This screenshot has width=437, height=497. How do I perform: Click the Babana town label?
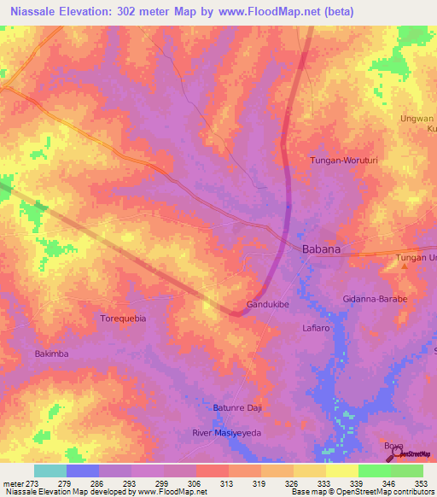pos(322,249)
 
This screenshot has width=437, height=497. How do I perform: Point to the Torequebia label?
pos(124,318)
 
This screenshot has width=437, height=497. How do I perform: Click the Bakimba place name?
pos(51,354)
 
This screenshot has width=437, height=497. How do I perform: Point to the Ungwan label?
pos(417,119)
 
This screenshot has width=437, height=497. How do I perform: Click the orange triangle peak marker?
pos(405,266)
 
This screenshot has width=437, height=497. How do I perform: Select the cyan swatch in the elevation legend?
pos(50,471)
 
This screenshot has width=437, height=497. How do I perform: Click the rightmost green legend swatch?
pos(407,471)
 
